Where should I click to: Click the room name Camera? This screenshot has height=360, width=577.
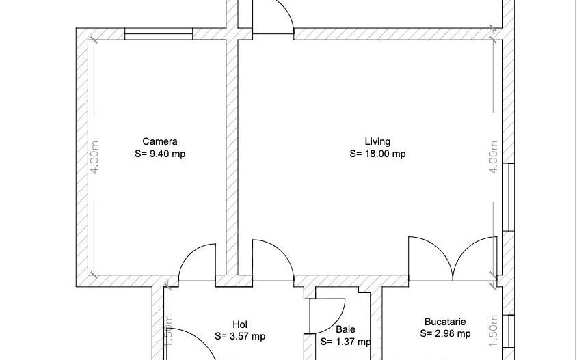(x=160, y=142)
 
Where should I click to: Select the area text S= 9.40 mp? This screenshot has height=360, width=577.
(x=160, y=154)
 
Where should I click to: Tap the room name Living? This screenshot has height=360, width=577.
(x=377, y=142)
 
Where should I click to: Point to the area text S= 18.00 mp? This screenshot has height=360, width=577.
(x=377, y=154)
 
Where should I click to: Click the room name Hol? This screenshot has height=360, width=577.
(x=240, y=324)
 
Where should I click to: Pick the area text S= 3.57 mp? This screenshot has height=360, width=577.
(x=240, y=336)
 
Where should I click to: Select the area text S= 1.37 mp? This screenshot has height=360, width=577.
(x=345, y=342)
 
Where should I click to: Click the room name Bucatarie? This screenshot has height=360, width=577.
(x=445, y=321)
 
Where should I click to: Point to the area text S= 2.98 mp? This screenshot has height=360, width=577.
(x=445, y=333)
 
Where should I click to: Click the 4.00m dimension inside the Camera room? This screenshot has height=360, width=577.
(x=95, y=158)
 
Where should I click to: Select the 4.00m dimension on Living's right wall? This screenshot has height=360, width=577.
(x=493, y=158)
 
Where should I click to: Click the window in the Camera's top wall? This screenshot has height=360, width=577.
(x=159, y=33)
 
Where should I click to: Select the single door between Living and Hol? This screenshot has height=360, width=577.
(x=272, y=260)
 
